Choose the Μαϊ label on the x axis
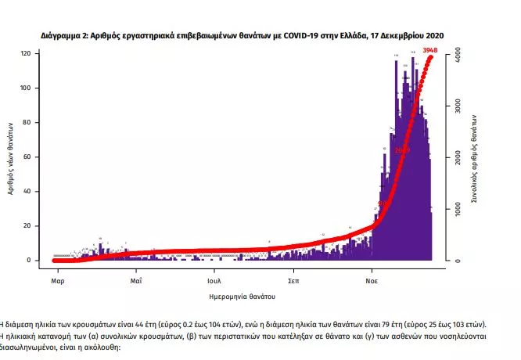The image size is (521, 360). pyautogui.click(x=135, y=279)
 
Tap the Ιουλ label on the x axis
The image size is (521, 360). pyautogui.click(x=215, y=279)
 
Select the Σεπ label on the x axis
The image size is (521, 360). pyautogui.click(x=294, y=279)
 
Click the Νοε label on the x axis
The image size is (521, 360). pyautogui.click(x=373, y=279)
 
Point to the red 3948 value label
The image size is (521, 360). pyautogui.click(x=429, y=51)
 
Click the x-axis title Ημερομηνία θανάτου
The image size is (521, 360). pyautogui.click(x=243, y=297)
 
